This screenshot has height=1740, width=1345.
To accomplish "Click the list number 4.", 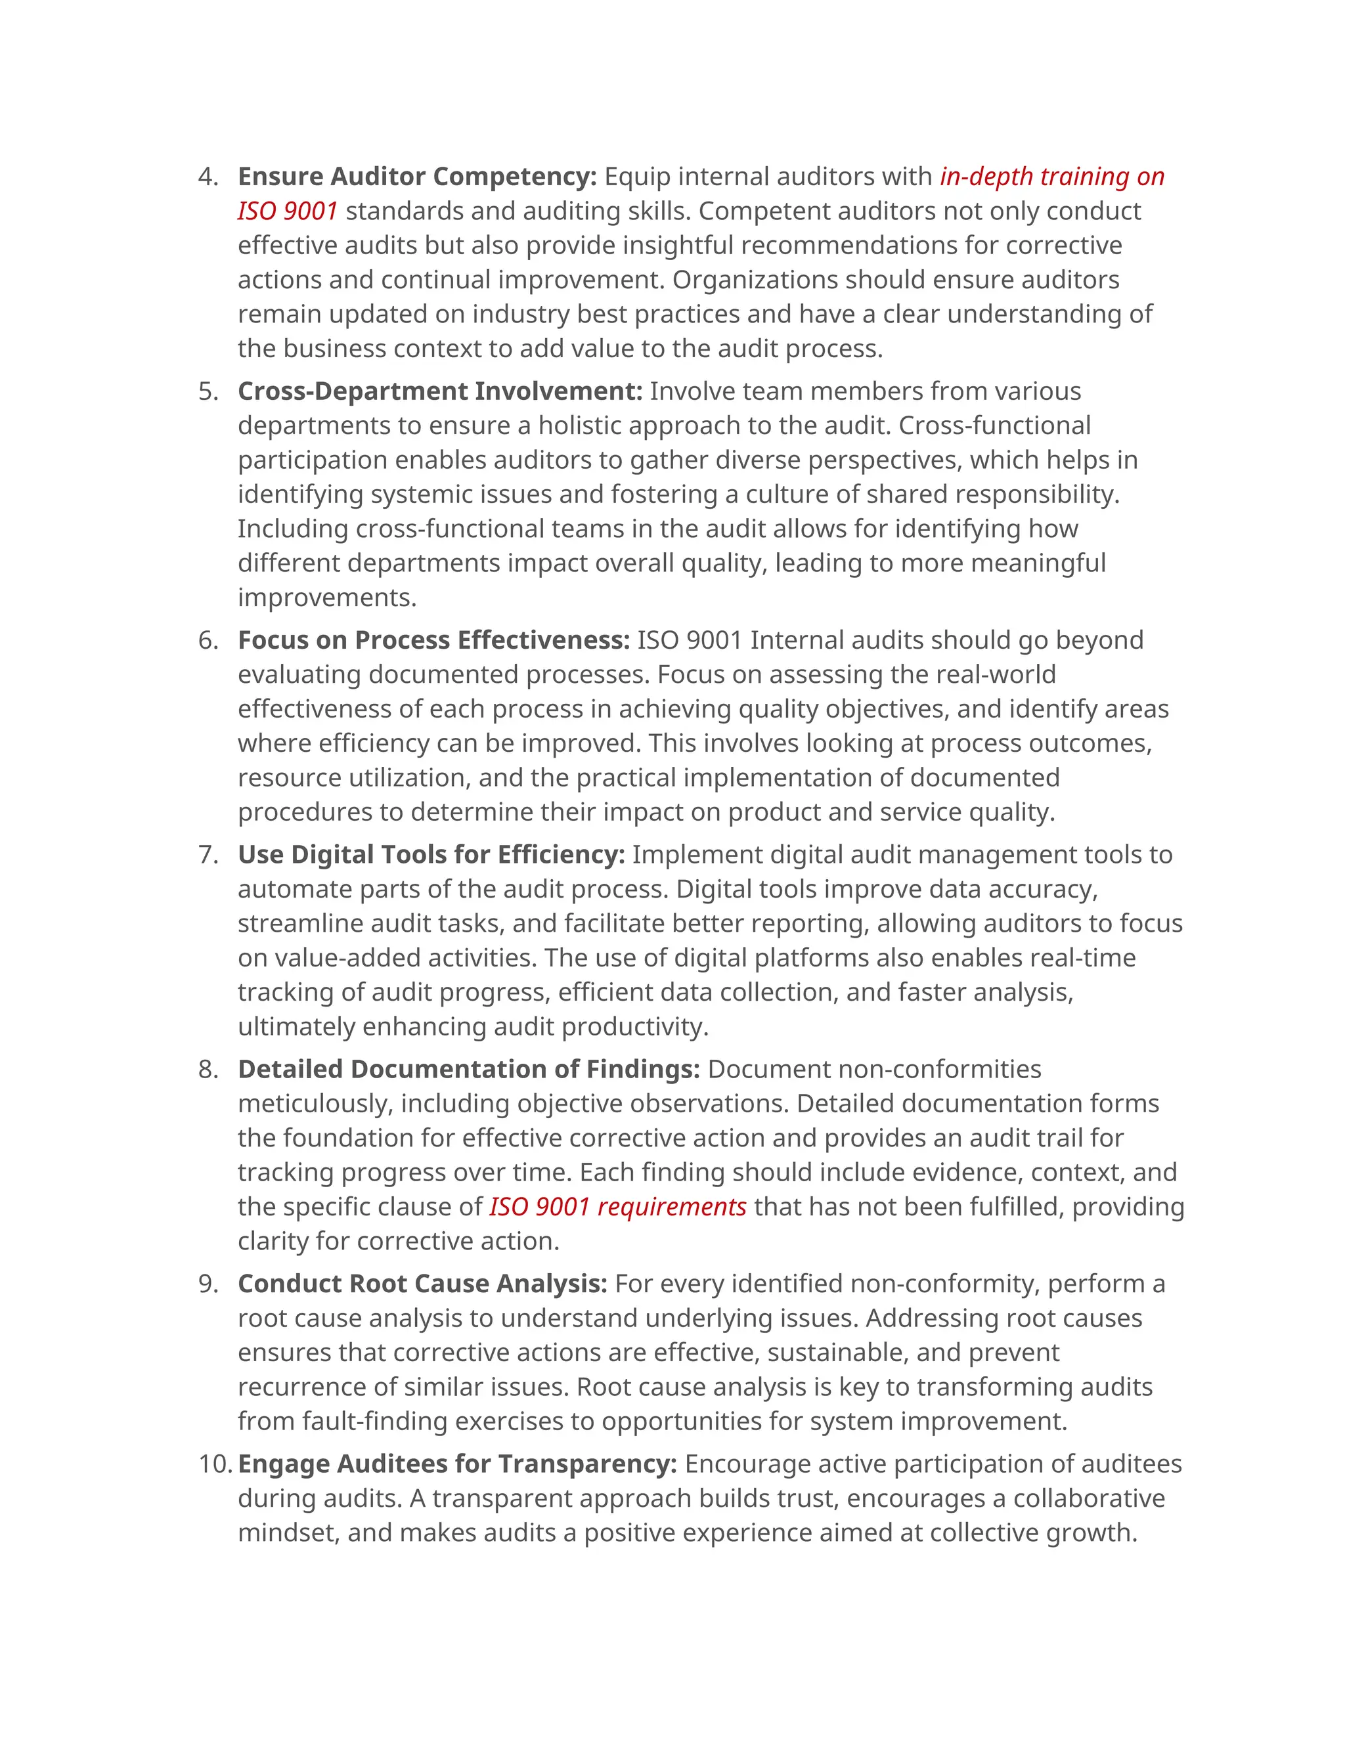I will pos(207,177).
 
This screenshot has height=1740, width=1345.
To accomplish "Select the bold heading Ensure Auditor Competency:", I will pos(417,177).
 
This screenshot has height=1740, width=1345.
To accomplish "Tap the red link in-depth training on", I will pos(1052,177).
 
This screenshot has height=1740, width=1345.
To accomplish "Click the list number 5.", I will pos(207,391).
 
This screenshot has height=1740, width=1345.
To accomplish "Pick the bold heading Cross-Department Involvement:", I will pos(440,391).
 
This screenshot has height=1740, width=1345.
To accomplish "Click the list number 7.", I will pos(207,855).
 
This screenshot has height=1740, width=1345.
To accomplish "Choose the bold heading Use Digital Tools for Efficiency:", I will pos(431,855).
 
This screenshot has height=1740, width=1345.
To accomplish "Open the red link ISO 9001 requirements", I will pos(617,1207).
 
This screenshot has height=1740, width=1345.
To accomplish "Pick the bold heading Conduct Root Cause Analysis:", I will pos(422,1284).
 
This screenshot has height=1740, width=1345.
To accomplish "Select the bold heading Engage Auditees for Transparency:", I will pos(457,1464).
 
